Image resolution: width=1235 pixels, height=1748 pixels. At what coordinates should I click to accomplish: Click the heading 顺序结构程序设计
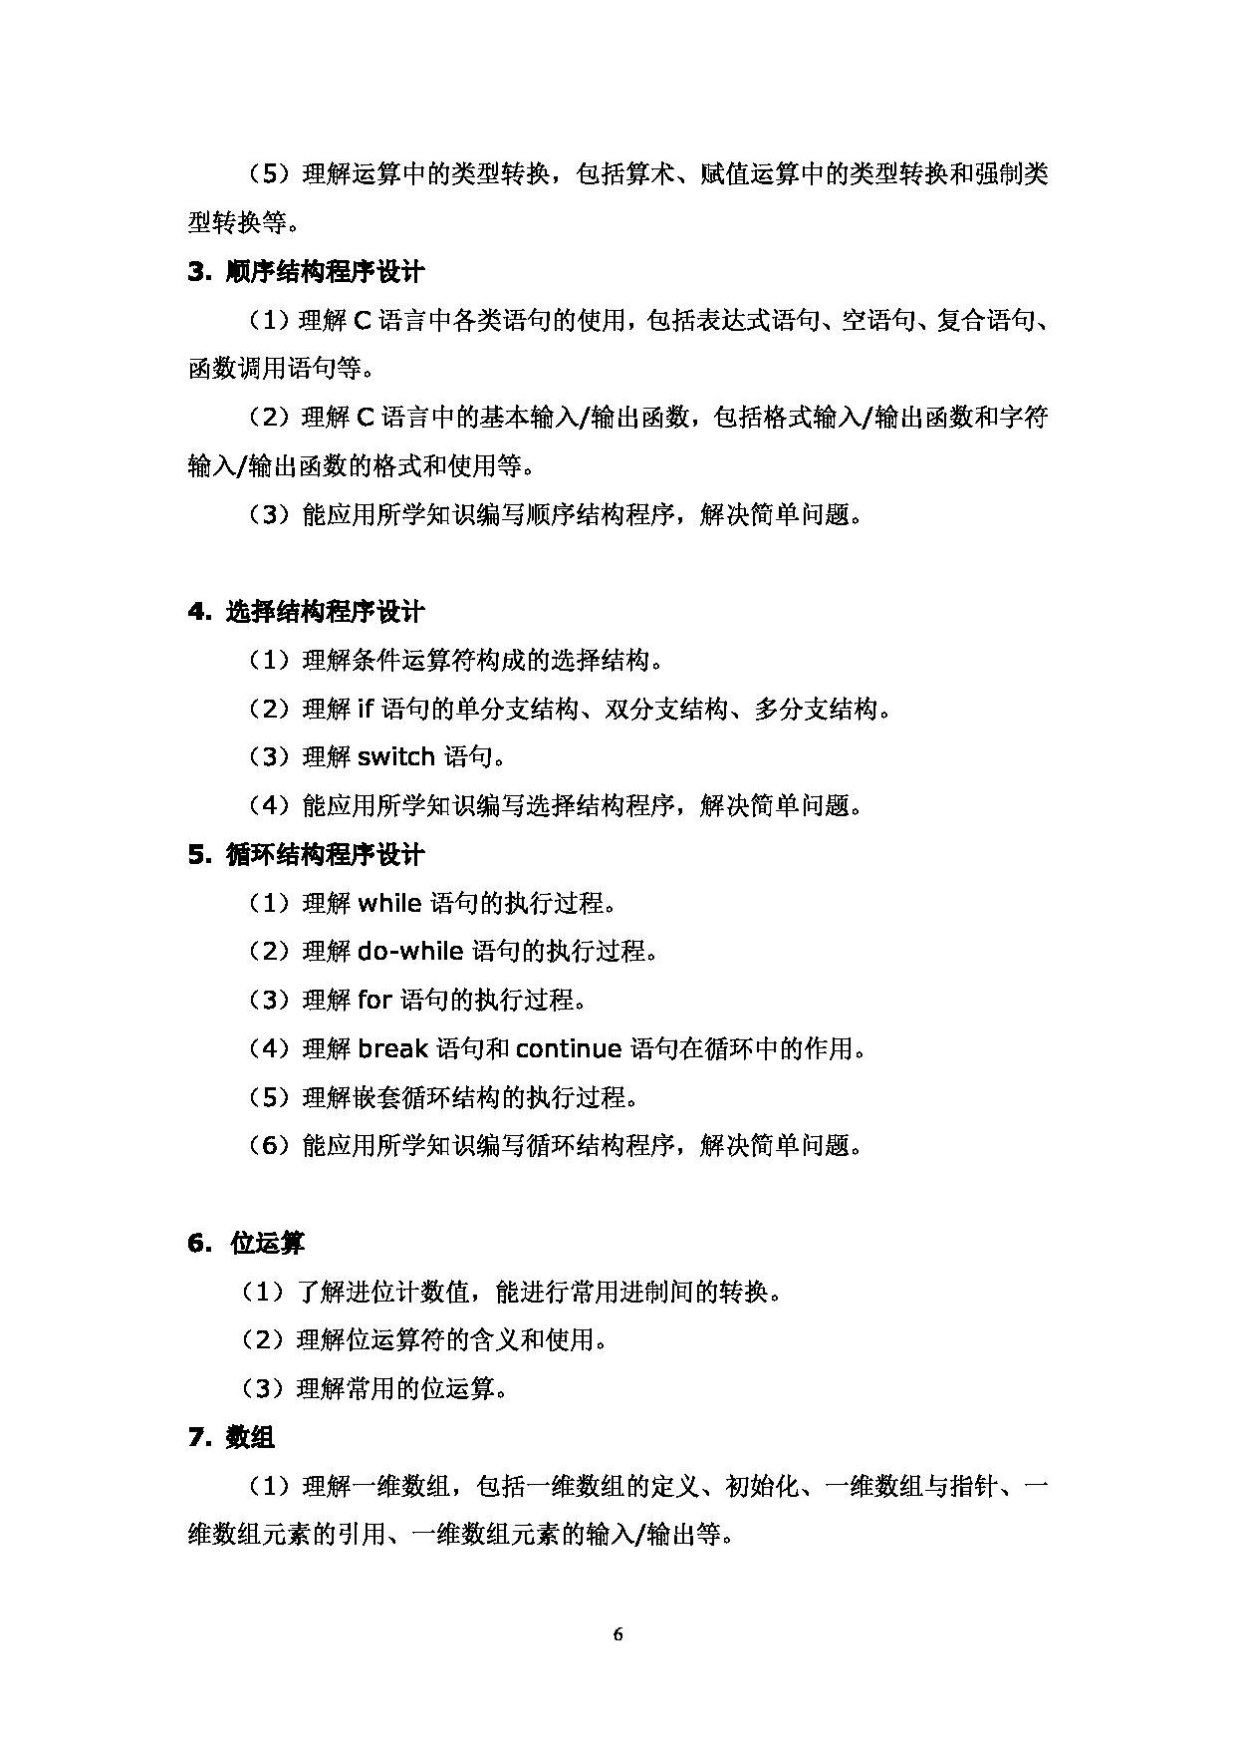(x=325, y=272)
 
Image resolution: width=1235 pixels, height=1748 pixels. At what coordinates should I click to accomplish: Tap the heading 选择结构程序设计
(x=325, y=611)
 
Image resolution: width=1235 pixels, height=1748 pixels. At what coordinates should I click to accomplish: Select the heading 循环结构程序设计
(x=325, y=854)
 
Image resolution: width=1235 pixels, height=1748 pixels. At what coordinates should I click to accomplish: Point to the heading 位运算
(x=267, y=1243)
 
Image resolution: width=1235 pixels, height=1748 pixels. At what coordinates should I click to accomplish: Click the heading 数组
(x=250, y=1437)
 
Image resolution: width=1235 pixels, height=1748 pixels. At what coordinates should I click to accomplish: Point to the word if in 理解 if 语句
(x=365, y=709)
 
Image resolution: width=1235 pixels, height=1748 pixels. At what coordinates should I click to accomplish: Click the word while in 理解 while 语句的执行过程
(x=389, y=903)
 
